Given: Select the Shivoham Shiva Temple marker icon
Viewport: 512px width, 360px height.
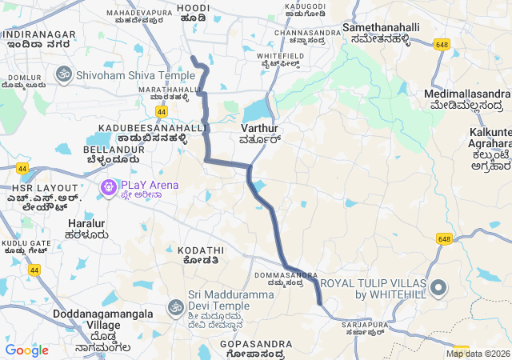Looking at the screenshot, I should click(x=64, y=74).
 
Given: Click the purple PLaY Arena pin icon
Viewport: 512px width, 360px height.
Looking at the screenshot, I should click(x=107, y=188).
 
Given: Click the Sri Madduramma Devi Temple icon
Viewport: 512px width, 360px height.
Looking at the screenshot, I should click(x=175, y=306).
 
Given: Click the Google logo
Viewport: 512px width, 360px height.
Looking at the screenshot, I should click(x=26, y=350).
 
